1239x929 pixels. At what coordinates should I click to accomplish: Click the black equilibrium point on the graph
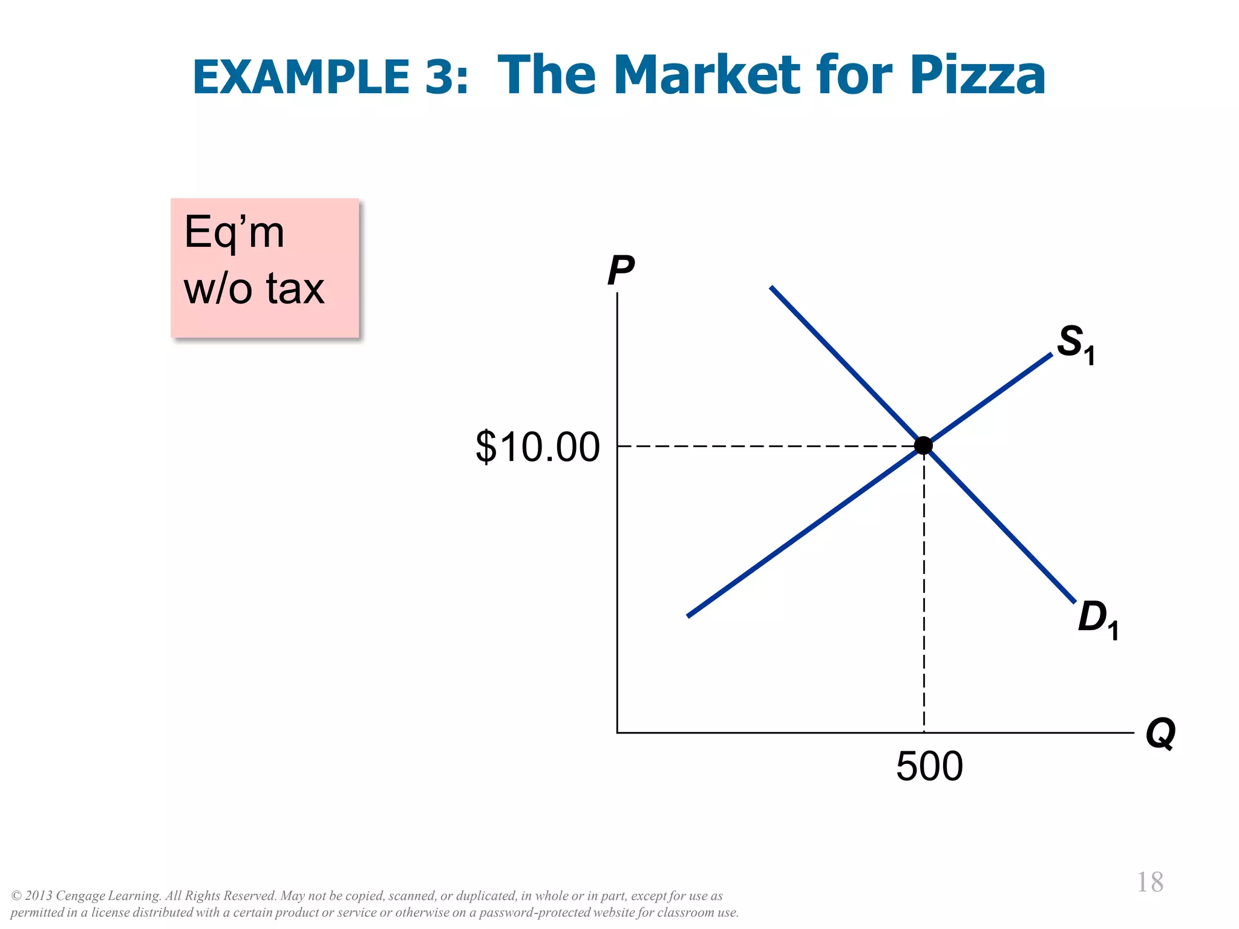click(x=923, y=446)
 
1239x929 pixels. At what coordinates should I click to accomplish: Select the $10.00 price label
click(x=537, y=447)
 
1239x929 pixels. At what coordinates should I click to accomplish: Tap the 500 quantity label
click(x=929, y=766)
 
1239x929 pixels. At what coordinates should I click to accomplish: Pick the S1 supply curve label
click(x=1075, y=343)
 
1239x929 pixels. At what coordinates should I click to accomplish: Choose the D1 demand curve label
click(x=1097, y=619)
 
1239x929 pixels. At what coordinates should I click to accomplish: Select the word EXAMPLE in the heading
click(x=301, y=77)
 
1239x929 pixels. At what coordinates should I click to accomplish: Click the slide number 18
click(x=1149, y=882)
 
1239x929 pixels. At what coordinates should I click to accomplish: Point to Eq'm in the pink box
click(x=234, y=232)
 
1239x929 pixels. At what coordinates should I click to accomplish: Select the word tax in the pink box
click(x=295, y=288)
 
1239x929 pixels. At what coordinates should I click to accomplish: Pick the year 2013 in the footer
click(x=39, y=896)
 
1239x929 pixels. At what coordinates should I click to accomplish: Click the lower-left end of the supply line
click(x=689, y=616)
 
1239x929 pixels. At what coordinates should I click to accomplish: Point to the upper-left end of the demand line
click(x=771, y=288)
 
